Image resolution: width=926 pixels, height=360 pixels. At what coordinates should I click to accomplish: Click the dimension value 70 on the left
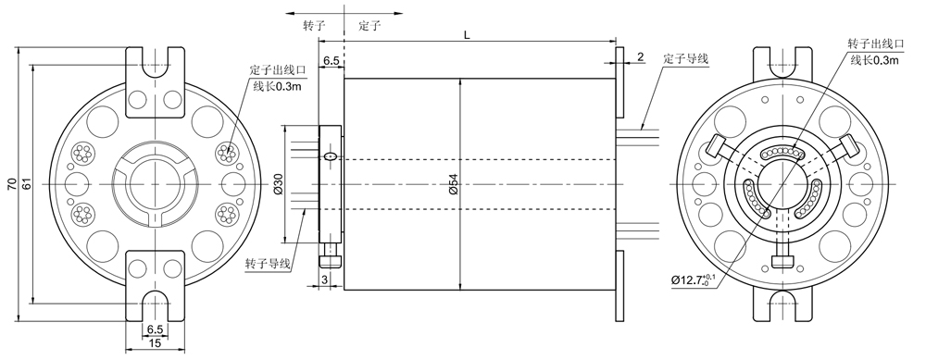(x=11, y=185)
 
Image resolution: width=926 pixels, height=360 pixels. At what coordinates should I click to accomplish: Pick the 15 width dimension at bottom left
(x=155, y=343)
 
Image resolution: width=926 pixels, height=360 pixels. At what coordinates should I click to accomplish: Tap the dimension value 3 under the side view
(x=325, y=278)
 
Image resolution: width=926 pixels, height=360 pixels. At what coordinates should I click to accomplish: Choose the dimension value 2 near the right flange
(x=640, y=57)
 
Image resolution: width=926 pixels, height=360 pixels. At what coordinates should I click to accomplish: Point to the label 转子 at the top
(x=314, y=27)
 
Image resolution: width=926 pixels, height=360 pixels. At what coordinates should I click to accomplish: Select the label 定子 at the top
(x=369, y=27)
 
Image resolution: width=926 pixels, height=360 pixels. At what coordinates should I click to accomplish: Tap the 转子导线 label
(x=268, y=264)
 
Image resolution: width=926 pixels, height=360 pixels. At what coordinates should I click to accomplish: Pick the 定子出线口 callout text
(x=277, y=70)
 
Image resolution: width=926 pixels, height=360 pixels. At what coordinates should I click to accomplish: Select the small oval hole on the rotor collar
(x=330, y=156)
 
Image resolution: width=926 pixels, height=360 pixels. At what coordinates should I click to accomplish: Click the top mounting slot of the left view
(x=155, y=63)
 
